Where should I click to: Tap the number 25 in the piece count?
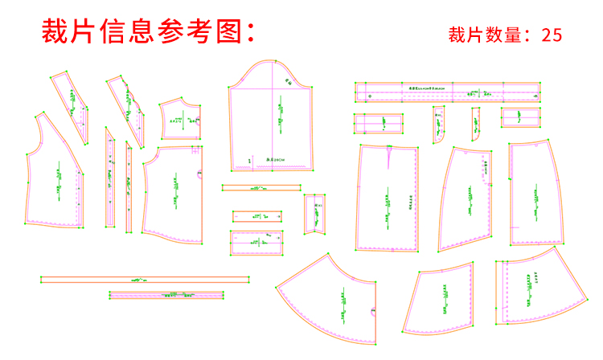pos(552,35)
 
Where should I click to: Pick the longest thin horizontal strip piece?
pos(145,279)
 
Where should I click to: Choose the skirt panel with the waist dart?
pos(388,197)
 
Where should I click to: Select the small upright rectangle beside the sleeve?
pos(314,214)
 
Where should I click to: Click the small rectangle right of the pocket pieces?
pos(521,117)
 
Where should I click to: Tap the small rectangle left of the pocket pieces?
pos(378,124)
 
